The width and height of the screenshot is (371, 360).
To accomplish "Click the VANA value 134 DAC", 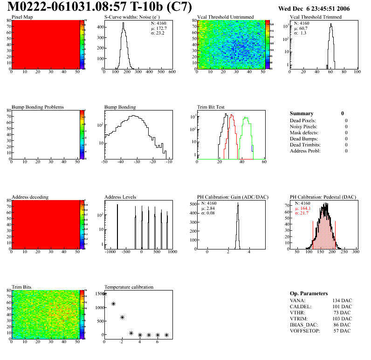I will (342, 300).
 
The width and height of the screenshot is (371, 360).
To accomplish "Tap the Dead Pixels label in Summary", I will (303, 120).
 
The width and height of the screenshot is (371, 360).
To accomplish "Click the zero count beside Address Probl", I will (346, 151).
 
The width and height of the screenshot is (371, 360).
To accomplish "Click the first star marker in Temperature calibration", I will (104, 294).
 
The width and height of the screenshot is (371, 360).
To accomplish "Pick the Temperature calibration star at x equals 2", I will (122, 317).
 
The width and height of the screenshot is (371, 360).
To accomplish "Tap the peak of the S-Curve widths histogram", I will (124, 23).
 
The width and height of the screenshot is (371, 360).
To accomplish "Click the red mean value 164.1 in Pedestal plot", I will (305, 208).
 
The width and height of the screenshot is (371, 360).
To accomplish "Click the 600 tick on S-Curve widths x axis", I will (172, 72).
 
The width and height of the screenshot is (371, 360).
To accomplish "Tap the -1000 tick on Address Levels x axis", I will (110, 252).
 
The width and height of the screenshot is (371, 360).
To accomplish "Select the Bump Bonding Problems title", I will (38, 107).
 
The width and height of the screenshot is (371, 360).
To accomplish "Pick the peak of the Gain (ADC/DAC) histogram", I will (238, 204).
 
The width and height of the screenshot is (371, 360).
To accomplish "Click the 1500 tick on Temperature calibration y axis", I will (99, 294).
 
